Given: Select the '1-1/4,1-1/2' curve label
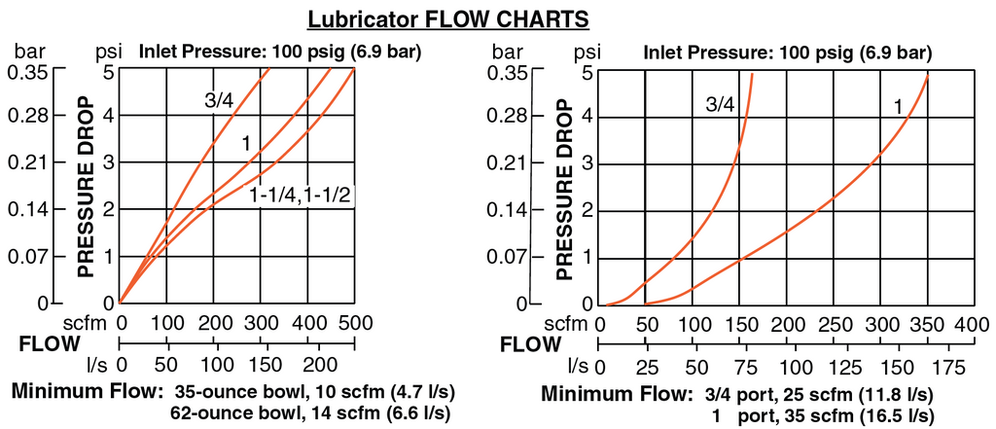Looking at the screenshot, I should click(301, 196).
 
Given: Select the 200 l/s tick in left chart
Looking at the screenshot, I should click(310, 368).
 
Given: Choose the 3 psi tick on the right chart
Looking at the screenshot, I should click(589, 162).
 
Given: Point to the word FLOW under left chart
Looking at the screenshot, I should click(48, 343).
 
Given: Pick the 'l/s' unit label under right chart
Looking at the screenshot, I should click(578, 367).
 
